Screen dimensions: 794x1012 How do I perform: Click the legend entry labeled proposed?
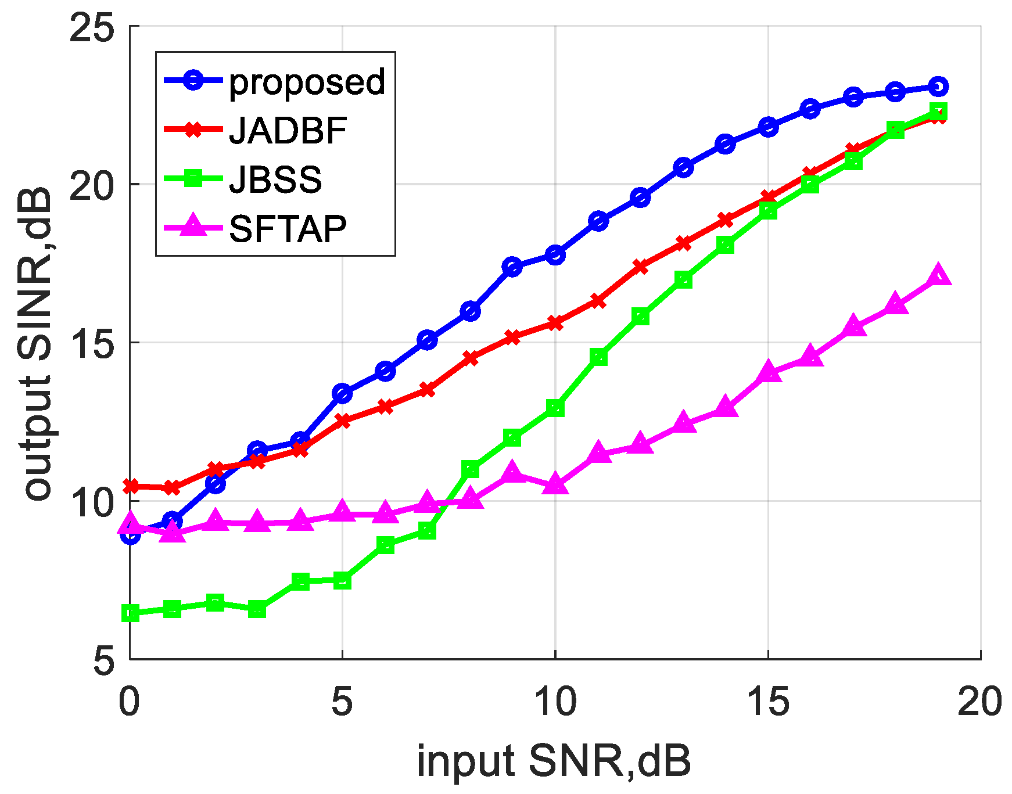coord(307,81)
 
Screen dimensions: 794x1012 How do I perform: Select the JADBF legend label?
coord(288,130)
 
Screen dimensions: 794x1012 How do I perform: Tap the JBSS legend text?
coord(275,179)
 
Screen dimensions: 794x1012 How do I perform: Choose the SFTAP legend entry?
coord(288,229)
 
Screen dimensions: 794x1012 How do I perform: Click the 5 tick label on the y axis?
coord(105,660)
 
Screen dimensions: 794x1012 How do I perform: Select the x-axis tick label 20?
coord(980,702)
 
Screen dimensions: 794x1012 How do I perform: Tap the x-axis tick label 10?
coord(555,702)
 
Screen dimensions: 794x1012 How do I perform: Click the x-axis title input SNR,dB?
coord(554,761)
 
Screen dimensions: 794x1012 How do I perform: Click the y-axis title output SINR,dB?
coord(36,343)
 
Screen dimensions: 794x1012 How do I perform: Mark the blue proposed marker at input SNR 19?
coord(938,87)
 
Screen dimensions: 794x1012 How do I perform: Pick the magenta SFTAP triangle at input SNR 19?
coord(938,275)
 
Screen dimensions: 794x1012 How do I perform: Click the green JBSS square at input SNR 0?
coord(130,613)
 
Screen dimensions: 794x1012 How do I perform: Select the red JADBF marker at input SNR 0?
coord(130,486)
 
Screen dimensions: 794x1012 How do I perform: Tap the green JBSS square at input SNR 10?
coord(555,408)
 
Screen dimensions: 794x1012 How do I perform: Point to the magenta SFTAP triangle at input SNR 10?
coord(555,483)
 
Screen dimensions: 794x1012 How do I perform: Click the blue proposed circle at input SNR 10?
coord(555,254)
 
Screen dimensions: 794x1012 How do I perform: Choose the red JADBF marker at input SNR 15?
coord(768,197)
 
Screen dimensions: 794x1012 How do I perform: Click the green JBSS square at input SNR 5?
coord(343,580)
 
